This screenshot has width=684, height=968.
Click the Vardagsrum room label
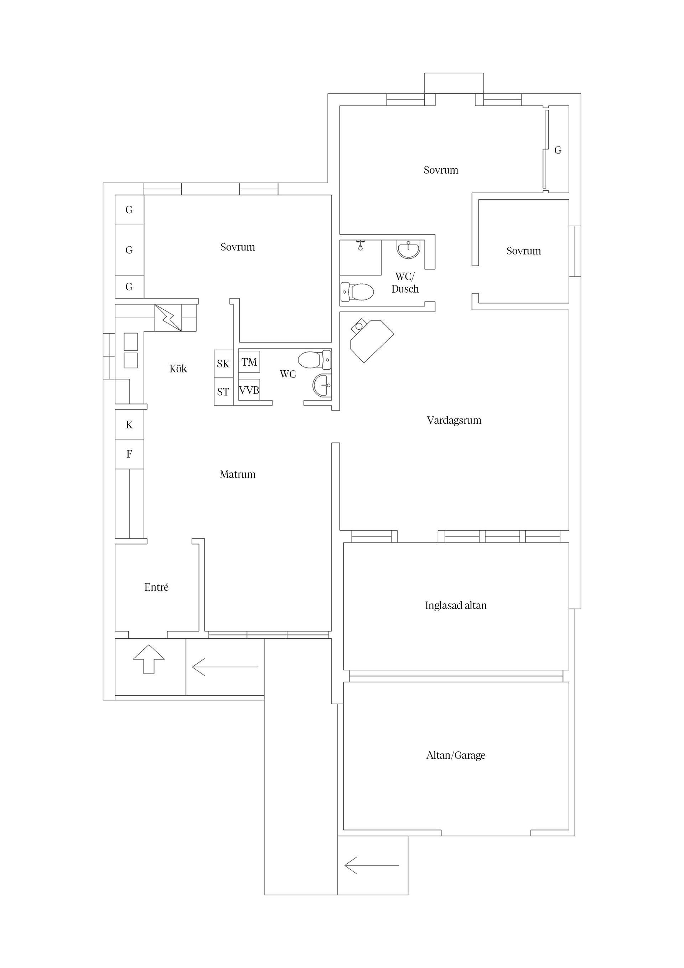(x=454, y=420)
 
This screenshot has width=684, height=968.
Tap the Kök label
(x=178, y=369)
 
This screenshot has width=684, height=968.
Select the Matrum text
(x=237, y=474)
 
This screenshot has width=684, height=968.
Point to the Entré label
(x=156, y=587)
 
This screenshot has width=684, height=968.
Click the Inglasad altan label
(x=456, y=606)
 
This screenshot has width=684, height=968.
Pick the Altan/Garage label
(x=456, y=755)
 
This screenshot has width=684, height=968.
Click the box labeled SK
(x=223, y=364)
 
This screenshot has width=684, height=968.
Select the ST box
(x=223, y=392)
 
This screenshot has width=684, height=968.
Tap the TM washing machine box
(x=249, y=362)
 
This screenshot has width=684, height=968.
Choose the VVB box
(x=249, y=390)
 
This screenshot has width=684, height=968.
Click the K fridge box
(x=129, y=424)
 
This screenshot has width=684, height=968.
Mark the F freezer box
(x=129, y=454)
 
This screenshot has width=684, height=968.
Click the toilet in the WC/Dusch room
(x=357, y=291)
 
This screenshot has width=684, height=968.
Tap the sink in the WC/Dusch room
(x=408, y=249)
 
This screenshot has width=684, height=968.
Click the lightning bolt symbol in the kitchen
(x=168, y=318)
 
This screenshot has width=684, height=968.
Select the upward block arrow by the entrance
(x=149, y=659)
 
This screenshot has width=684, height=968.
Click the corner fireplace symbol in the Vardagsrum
(x=371, y=340)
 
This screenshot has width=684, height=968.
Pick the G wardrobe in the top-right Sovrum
(x=558, y=150)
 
